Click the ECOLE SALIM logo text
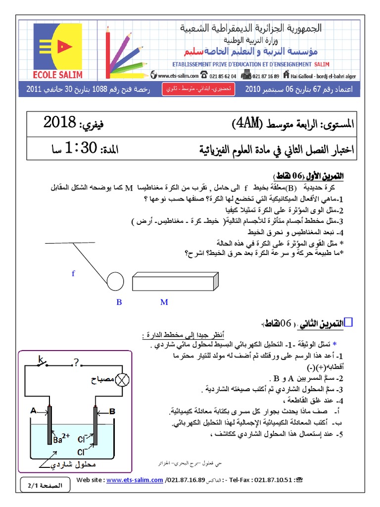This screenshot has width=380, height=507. tap(58, 75)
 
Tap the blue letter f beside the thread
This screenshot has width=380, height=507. tap(73, 273)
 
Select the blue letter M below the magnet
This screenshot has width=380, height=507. tap(164, 302)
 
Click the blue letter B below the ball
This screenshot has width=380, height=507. tap(119, 302)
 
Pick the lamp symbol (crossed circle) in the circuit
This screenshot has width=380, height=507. tap(122, 380)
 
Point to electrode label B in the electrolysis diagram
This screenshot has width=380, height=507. tap(112, 410)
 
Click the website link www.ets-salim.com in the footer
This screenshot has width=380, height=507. tap(135, 480)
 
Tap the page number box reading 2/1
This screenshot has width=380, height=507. tap(45, 486)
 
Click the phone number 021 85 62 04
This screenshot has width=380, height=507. tap(223, 76)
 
